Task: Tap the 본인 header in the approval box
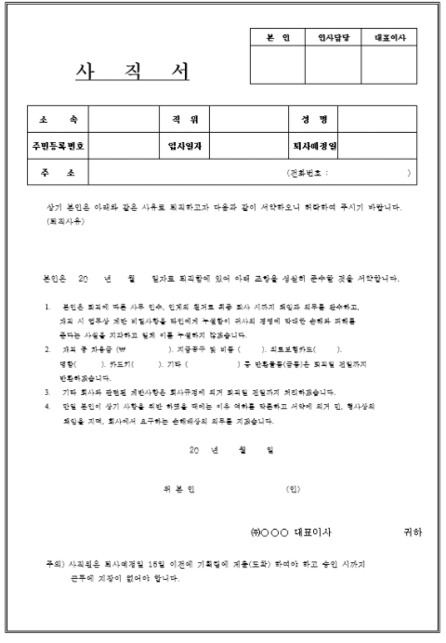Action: coord(278,37)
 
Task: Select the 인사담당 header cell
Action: coord(331,37)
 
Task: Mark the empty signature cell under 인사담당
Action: coord(331,64)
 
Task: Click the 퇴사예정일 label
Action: coord(309,146)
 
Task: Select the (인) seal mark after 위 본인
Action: coord(293,487)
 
